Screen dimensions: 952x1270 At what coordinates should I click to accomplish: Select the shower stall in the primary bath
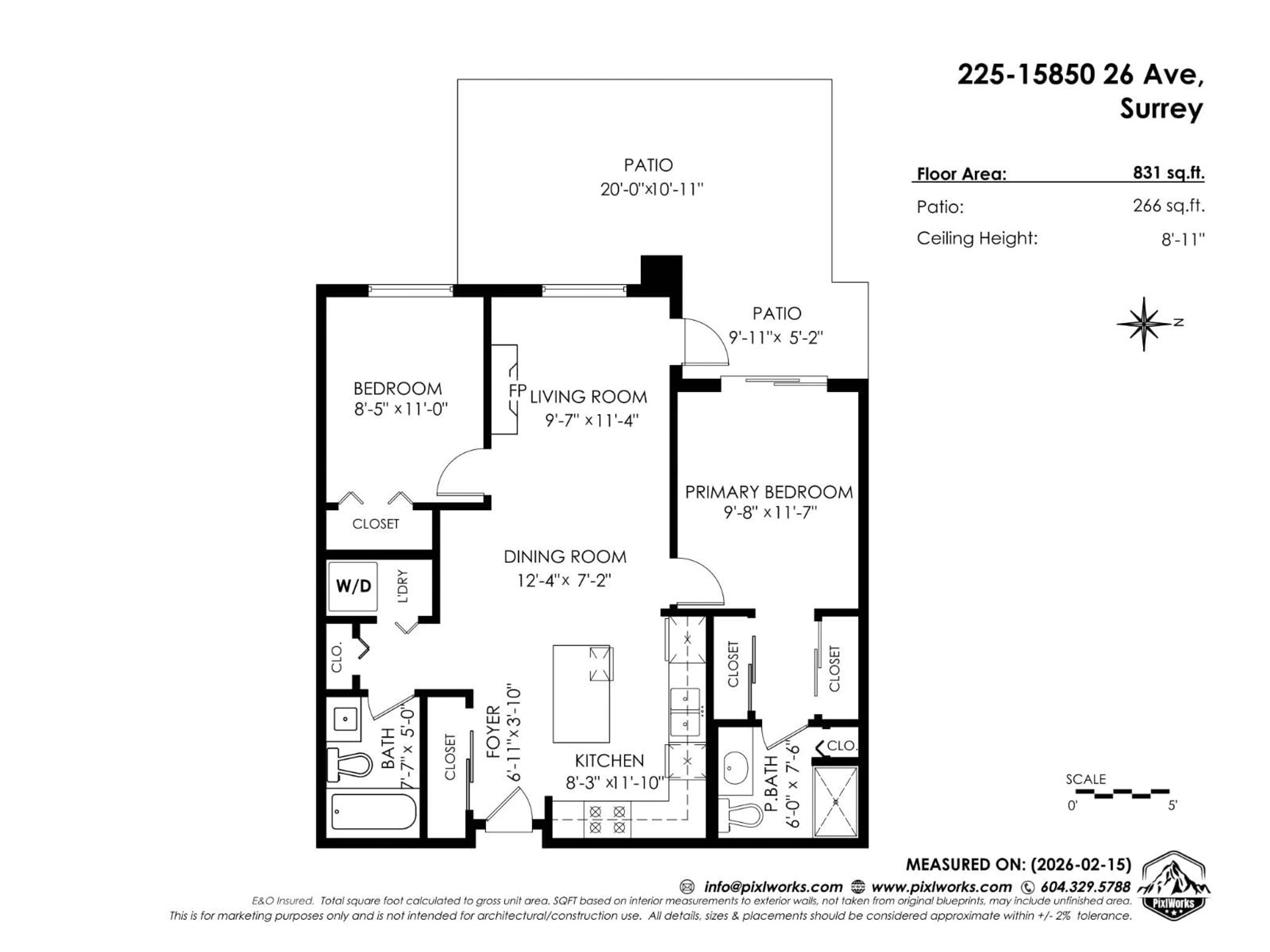click(835, 801)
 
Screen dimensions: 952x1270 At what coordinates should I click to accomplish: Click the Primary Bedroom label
click(769, 492)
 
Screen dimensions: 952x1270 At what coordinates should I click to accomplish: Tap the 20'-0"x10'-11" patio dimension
click(652, 189)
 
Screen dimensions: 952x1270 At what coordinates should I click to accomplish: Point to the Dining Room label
click(565, 557)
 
